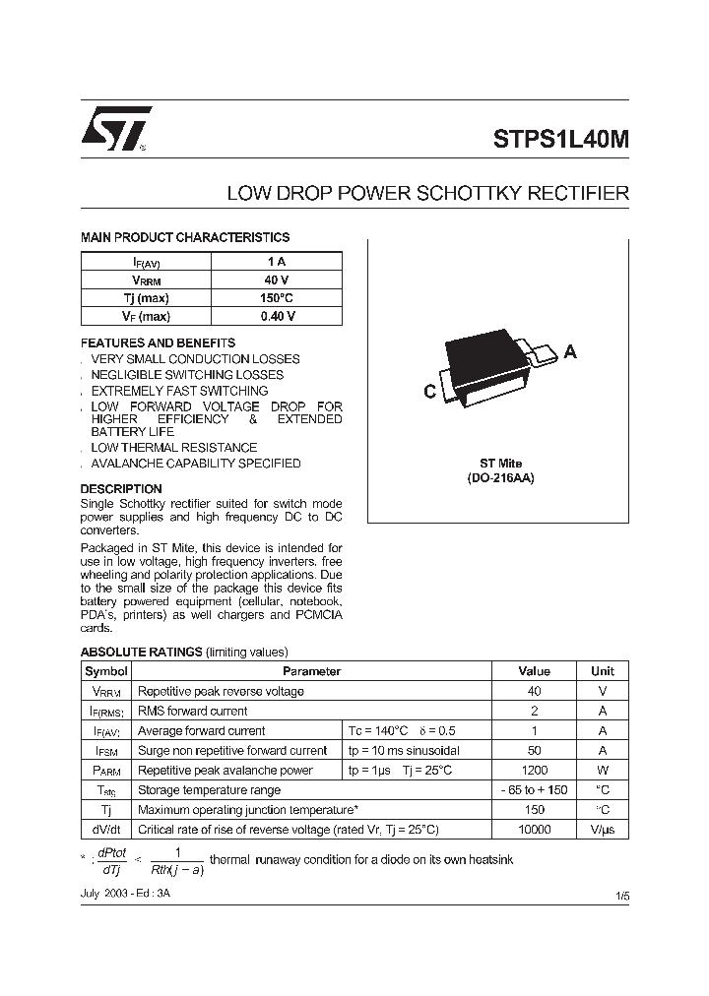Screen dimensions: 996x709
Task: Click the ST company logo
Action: (x=116, y=129)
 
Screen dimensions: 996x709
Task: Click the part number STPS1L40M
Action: (x=560, y=140)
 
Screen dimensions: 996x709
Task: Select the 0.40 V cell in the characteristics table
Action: (x=277, y=316)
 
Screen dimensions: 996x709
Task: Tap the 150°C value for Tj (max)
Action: (x=277, y=298)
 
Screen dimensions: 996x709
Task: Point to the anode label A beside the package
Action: (x=570, y=352)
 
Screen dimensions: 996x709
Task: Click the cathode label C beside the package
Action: (x=429, y=392)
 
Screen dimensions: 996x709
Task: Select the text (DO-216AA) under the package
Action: (x=501, y=477)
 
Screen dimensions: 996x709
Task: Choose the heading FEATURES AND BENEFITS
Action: (x=158, y=342)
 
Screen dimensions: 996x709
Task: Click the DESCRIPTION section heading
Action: (x=121, y=488)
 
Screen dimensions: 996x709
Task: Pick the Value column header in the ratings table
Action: (x=534, y=671)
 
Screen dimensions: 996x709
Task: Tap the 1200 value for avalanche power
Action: (x=534, y=771)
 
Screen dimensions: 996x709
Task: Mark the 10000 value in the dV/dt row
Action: (x=534, y=830)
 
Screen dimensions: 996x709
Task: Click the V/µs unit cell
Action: (x=602, y=830)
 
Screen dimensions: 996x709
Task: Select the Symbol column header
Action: (x=106, y=671)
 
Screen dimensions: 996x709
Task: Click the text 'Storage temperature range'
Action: (x=209, y=790)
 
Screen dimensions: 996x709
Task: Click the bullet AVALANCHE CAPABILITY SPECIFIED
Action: (x=195, y=464)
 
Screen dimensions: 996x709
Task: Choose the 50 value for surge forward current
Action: (x=534, y=751)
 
